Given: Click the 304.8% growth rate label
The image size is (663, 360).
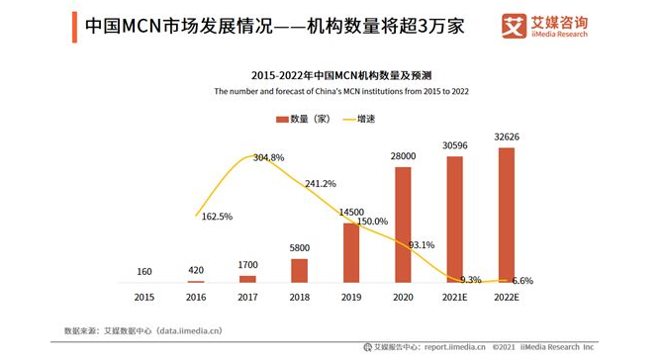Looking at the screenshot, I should point(268,157).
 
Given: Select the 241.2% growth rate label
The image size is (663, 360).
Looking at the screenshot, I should point(321,183).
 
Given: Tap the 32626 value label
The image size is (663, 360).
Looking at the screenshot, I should point(505,136).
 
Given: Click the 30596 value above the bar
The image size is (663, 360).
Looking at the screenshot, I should point(454,145).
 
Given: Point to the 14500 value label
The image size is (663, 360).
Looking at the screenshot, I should point(350,212).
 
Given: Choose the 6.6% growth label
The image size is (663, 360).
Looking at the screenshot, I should point(521,281).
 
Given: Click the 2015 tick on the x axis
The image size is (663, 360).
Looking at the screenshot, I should point(145,296).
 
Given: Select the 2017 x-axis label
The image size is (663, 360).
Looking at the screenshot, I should point(248,296).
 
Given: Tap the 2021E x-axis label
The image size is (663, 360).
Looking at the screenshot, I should point(454,296).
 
